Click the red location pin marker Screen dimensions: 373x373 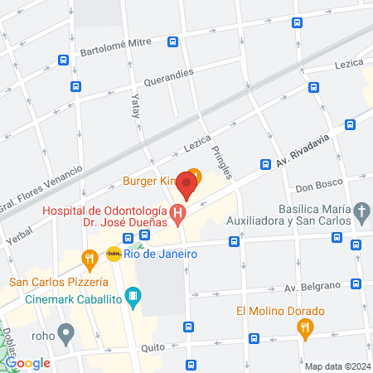(x=187, y=187)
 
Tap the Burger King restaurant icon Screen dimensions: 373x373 (x=194, y=177)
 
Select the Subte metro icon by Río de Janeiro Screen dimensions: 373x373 (x=114, y=254)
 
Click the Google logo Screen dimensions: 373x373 (x=27, y=363)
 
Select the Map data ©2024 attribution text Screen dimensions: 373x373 (x=336, y=366)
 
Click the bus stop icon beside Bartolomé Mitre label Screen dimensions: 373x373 (x=173, y=42)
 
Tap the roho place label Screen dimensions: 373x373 (x=42, y=337)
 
